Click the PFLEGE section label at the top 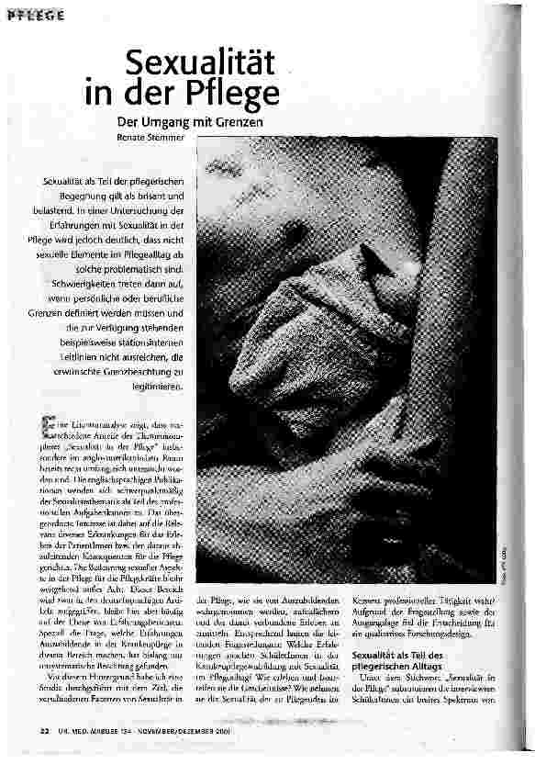38,17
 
